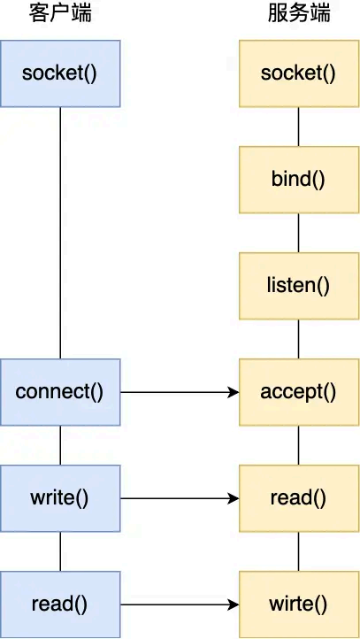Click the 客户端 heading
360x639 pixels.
(x=59, y=14)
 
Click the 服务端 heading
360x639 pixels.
(x=298, y=14)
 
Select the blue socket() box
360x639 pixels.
(x=59, y=73)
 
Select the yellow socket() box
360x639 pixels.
(x=298, y=73)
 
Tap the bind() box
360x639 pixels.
(x=298, y=179)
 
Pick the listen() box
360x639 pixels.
(x=298, y=285)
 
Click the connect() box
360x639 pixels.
(x=59, y=391)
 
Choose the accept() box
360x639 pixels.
(x=298, y=391)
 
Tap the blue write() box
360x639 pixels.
(x=59, y=498)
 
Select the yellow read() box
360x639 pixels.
(x=298, y=498)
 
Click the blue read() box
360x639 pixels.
(x=59, y=604)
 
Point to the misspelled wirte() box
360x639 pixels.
(x=298, y=604)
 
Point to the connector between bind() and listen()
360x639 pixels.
(x=298, y=232)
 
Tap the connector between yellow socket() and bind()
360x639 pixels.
(x=298, y=126)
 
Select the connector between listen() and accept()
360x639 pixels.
(x=298, y=338)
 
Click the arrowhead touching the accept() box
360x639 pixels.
(x=234, y=391)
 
